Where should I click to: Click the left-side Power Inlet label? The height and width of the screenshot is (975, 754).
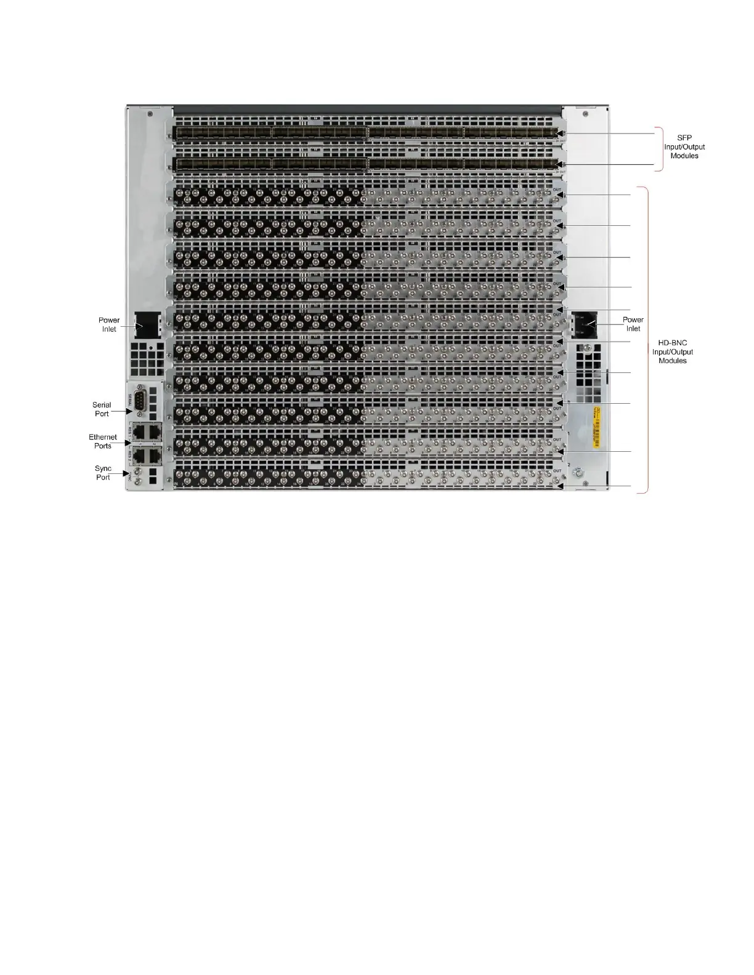(x=109, y=324)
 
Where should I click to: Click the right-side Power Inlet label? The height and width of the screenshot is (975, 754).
(x=633, y=324)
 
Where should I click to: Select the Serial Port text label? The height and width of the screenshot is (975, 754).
(x=102, y=409)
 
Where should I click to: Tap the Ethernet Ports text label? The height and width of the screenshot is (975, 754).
(x=103, y=441)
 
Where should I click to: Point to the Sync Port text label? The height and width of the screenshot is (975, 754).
(x=103, y=473)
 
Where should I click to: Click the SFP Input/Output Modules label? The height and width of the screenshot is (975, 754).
(x=684, y=147)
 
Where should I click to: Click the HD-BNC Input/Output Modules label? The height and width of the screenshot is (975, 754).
(x=673, y=352)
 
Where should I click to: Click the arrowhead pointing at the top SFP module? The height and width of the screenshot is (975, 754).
(x=562, y=134)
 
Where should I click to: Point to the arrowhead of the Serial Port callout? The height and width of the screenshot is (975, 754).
(x=129, y=411)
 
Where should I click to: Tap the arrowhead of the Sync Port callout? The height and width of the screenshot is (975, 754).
(x=128, y=474)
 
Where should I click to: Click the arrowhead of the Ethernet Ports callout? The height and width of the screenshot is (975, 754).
(x=129, y=443)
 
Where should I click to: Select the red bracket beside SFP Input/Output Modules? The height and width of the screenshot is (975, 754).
(x=660, y=149)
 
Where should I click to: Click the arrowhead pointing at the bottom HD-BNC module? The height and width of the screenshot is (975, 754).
(x=562, y=486)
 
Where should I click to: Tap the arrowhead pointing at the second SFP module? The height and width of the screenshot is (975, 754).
(x=562, y=165)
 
